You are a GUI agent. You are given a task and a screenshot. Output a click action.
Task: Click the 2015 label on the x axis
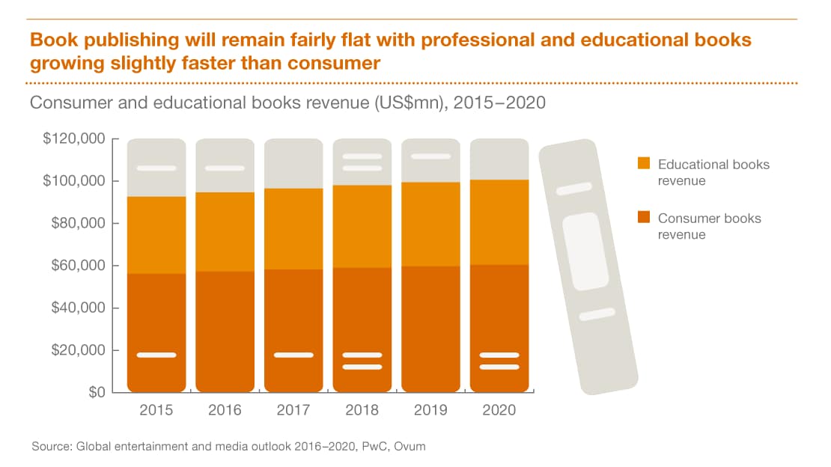(x=156, y=410)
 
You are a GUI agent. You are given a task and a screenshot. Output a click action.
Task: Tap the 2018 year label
(x=362, y=410)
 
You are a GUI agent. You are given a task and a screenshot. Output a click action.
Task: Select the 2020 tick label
(x=499, y=410)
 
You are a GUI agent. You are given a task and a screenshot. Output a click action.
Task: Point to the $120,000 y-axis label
(x=74, y=139)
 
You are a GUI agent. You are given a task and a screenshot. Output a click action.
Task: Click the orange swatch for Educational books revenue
(x=643, y=163)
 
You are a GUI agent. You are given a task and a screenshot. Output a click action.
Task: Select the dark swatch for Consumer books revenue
(x=643, y=218)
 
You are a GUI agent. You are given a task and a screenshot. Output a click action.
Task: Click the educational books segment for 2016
(x=225, y=232)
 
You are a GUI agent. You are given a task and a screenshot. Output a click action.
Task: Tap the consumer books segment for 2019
(x=430, y=329)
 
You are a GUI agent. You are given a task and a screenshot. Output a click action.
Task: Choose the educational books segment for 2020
(x=499, y=222)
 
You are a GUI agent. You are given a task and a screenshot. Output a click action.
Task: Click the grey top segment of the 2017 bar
(x=293, y=163)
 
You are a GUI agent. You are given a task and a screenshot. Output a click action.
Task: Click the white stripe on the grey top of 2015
(x=156, y=168)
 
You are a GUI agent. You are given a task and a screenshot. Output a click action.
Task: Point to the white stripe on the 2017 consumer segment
(x=293, y=355)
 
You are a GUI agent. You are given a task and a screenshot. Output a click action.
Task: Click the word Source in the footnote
(x=50, y=447)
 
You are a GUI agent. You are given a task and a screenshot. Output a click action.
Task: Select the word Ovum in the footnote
(x=412, y=447)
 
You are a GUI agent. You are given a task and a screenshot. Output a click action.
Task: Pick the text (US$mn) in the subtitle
(x=410, y=103)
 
